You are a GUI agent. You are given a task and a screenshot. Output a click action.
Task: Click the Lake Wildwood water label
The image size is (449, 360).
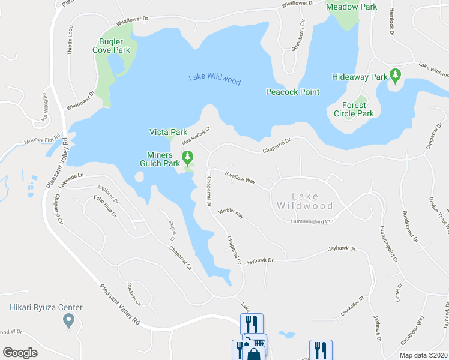coord(214,79)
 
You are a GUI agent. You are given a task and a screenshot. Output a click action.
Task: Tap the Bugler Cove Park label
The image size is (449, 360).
coord(114,46)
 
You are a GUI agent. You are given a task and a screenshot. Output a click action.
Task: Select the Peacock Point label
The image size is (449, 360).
coord(293,92)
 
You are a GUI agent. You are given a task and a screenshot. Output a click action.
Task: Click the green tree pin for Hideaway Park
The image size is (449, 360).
coord(395,76)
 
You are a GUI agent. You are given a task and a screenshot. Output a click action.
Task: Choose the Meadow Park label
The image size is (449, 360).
coord(351,7)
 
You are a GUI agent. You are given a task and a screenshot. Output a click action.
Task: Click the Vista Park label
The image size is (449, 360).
coord(168,132)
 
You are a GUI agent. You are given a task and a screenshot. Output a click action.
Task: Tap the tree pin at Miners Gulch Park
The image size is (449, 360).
coord(188,158)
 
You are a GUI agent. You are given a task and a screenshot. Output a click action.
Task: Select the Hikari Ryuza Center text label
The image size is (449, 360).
coord(46,308)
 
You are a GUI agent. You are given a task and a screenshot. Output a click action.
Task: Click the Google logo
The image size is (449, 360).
coord(20,353)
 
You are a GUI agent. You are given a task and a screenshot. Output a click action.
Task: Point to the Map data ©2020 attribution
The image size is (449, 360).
coord(424,355)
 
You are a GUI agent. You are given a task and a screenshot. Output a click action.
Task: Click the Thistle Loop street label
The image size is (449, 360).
coord(70,41)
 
